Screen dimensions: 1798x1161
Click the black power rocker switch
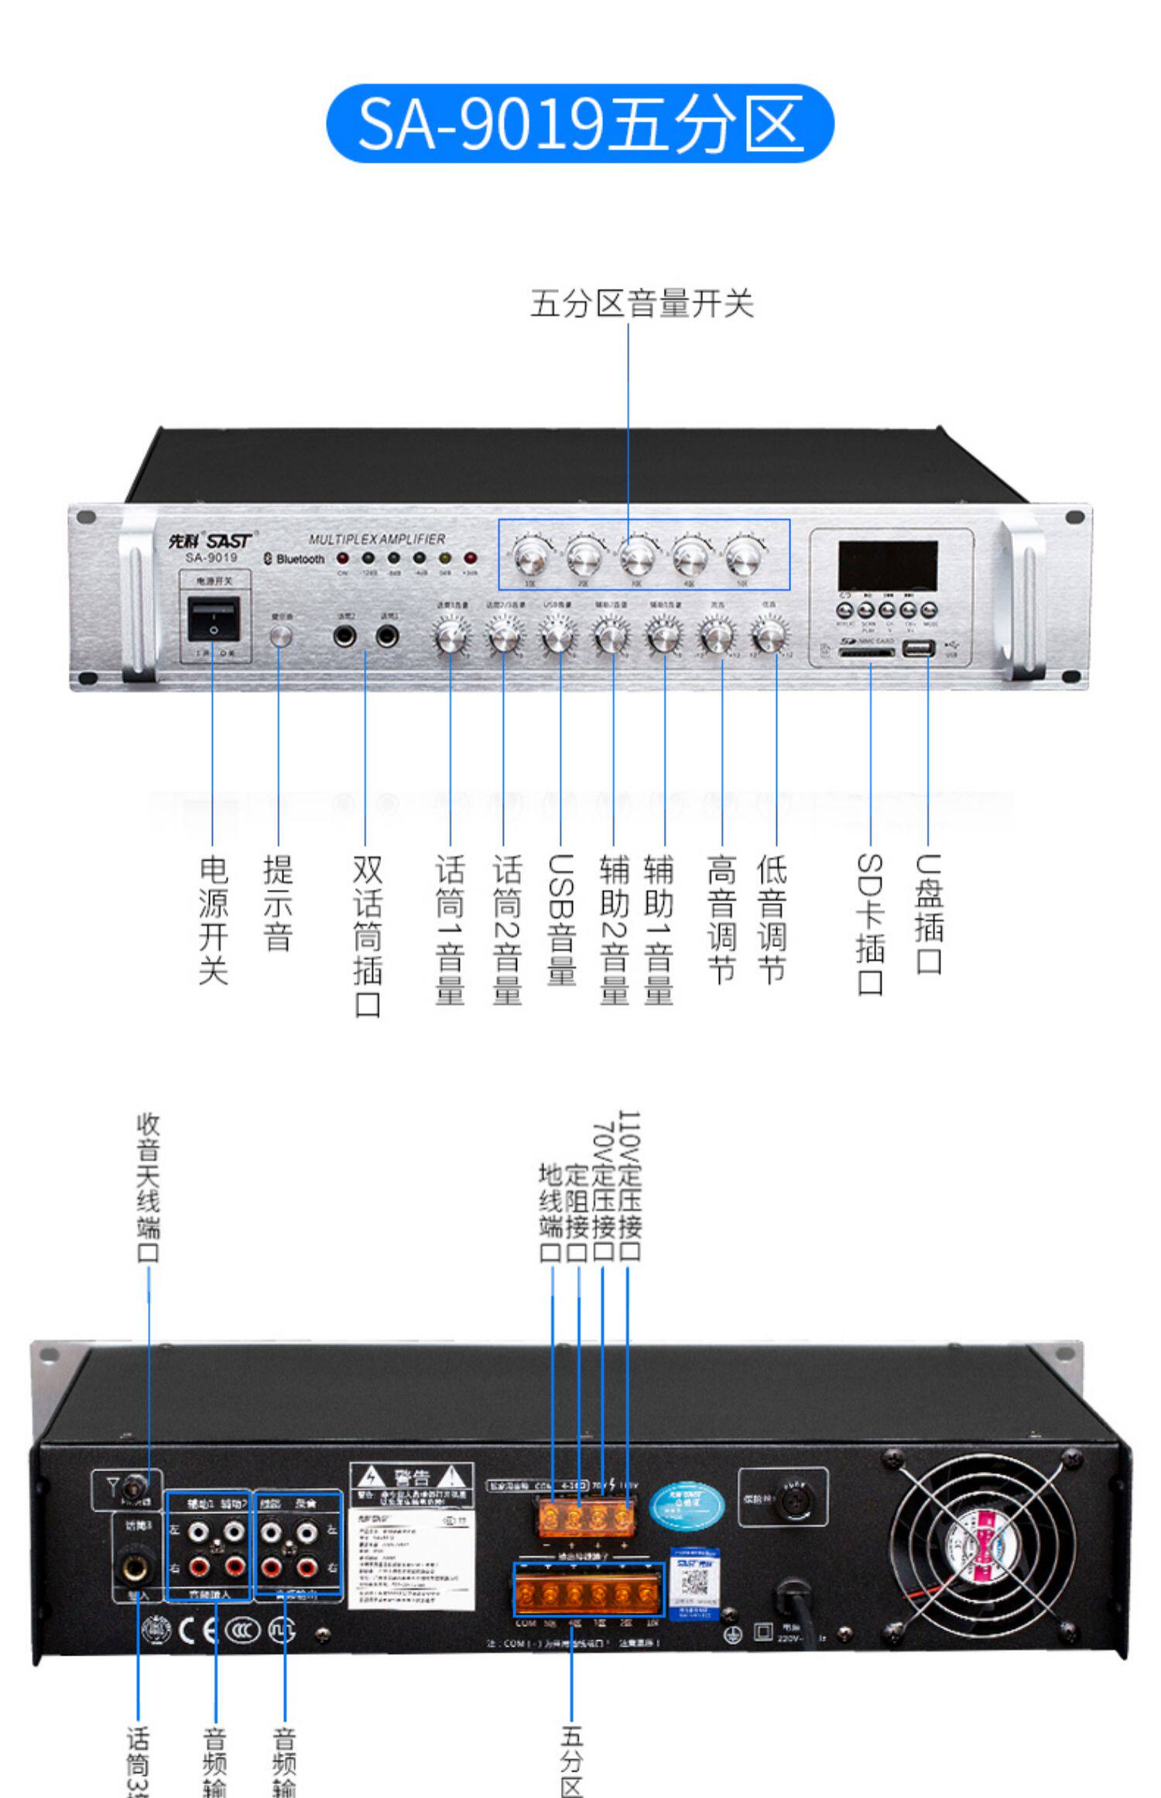(x=214, y=619)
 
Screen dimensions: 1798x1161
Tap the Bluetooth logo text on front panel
(x=295, y=558)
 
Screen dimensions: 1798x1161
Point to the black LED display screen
(x=888, y=566)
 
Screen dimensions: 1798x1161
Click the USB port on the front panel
(x=918, y=650)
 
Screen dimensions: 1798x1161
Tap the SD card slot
(x=866, y=652)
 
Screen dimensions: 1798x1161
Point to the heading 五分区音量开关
(x=642, y=304)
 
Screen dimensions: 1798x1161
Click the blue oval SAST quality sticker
(x=687, y=1504)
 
